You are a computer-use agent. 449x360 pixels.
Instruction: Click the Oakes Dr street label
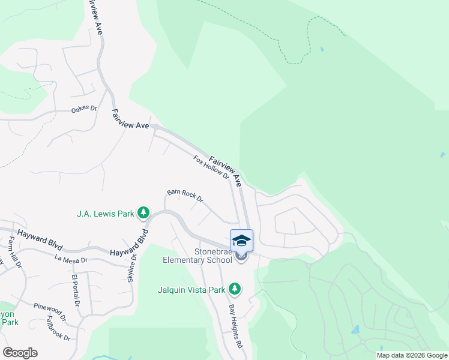pos(84,109)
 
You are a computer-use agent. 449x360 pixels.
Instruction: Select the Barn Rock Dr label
pos(185,195)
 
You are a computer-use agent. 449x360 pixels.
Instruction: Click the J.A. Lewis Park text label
pos(105,213)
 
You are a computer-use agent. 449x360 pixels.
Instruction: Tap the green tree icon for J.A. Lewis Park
pos(143,212)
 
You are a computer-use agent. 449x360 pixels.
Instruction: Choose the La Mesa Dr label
pos(71,260)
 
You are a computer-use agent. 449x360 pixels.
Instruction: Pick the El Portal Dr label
pos(76,290)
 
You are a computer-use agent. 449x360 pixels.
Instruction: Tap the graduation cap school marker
pos(241,241)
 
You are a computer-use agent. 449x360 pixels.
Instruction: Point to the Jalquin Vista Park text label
pos(193,290)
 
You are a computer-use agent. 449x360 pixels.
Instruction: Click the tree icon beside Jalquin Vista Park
pos(235,290)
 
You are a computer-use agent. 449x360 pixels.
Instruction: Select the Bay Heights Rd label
pos(235,326)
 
